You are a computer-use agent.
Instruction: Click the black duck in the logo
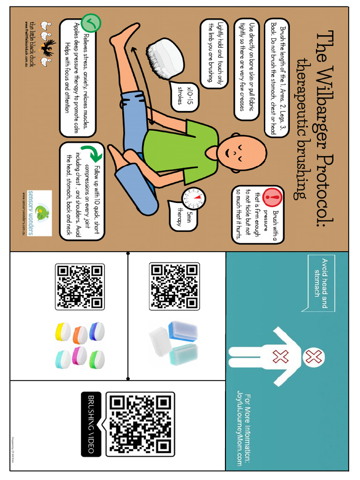(47, 46)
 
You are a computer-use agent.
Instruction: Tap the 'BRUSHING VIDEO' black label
(91, 424)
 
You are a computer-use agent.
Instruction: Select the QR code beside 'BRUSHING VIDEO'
(140, 424)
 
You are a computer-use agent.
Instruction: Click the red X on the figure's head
(313, 358)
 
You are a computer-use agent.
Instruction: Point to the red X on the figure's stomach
(280, 358)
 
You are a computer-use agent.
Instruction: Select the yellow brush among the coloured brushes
(62, 331)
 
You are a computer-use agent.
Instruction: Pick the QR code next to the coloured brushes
(80, 287)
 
